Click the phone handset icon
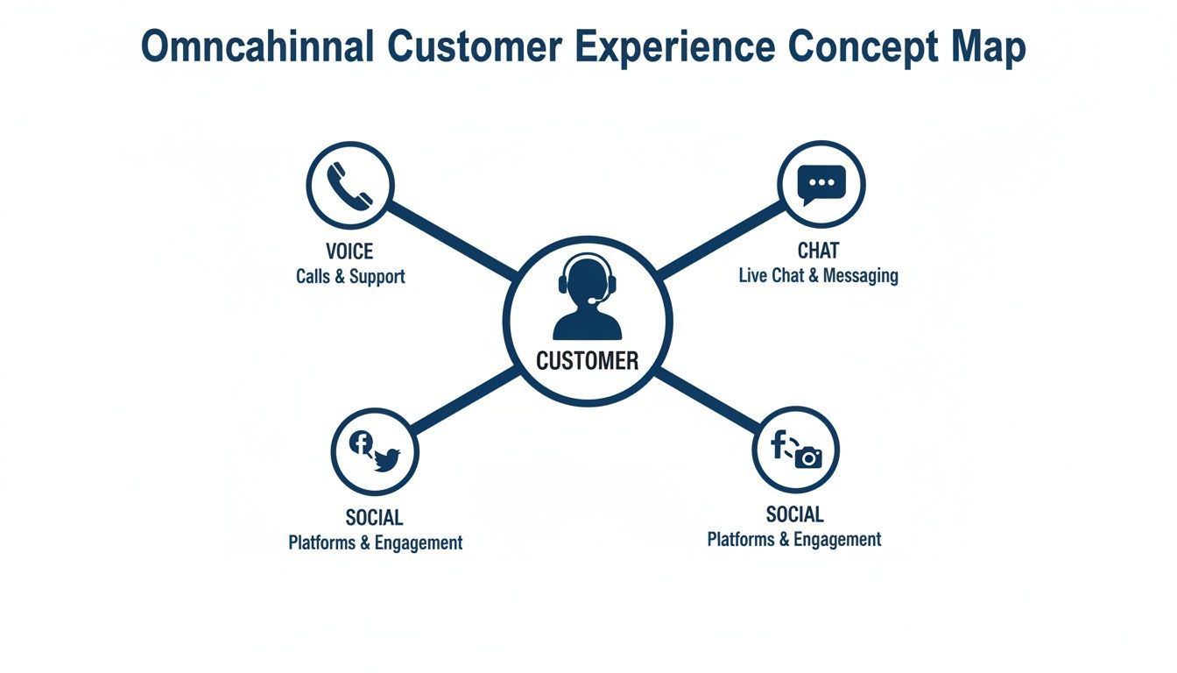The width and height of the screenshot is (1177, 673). tap(349, 185)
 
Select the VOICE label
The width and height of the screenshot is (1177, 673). tap(349, 252)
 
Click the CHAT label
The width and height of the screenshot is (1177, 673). tap(818, 251)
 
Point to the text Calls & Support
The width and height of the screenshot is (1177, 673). tap(350, 277)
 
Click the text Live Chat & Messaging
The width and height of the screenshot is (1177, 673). tap(818, 275)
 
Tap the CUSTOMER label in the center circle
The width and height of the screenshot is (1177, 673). tap(587, 360)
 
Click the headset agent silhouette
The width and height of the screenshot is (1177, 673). tap(587, 298)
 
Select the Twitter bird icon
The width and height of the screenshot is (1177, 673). tap(386, 458)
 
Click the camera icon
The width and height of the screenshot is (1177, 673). tap(808, 457)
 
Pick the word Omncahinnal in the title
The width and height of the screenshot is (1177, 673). tap(258, 47)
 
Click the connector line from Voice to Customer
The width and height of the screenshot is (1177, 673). tap(451, 242)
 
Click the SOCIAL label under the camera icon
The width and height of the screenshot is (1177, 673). tap(794, 514)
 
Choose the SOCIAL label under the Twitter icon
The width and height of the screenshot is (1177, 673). tap(375, 517)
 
